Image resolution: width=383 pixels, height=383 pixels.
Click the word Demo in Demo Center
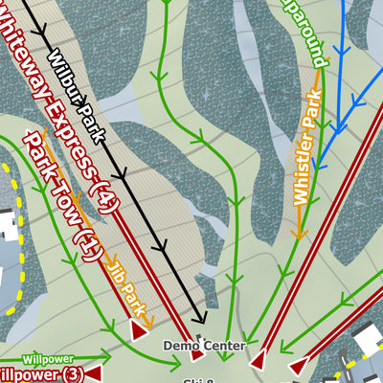pyautogui.click(x=179, y=345)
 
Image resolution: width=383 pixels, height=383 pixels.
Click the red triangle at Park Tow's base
pyautogui.click(x=138, y=330)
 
